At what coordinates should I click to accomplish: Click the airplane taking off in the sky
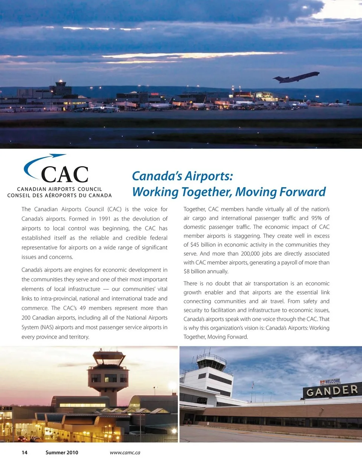pos(296,77)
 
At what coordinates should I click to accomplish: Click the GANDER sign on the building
pos(332,391)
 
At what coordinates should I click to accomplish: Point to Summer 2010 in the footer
pos(62,452)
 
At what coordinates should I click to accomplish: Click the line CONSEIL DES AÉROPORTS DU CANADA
pos(60,195)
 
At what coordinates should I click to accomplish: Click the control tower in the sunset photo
pos(109,373)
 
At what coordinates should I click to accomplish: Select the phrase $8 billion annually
pos(207,272)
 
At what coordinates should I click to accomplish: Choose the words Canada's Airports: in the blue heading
pos(183,176)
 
